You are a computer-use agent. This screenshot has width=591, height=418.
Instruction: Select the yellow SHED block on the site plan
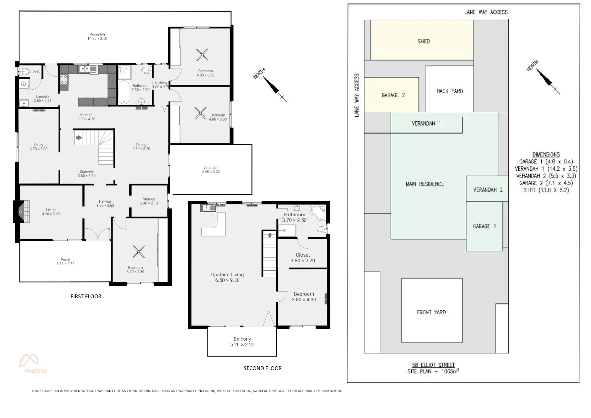click(x=422, y=40)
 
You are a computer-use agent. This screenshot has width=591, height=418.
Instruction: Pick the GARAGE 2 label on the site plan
click(x=393, y=95)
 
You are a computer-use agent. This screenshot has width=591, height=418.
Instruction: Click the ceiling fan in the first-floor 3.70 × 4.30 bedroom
click(x=139, y=252)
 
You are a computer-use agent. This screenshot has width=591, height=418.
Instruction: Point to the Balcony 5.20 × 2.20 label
click(x=242, y=342)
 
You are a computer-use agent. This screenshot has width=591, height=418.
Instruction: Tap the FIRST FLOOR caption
click(x=86, y=296)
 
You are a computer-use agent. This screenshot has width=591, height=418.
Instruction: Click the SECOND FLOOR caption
click(x=262, y=368)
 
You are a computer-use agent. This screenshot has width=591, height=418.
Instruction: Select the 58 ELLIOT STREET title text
click(x=433, y=365)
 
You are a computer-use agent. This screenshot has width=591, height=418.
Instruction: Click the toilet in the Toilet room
click(x=25, y=71)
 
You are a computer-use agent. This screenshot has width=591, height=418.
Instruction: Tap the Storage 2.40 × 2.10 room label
click(x=149, y=201)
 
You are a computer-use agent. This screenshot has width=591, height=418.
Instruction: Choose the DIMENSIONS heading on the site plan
click(x=546, y=154)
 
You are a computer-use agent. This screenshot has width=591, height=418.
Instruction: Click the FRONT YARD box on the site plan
click(x=432, y=310)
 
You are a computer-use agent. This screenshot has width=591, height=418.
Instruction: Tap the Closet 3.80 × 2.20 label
click(x=303, y=258)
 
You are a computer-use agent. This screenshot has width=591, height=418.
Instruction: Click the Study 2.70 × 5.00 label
click(x=38, y=147)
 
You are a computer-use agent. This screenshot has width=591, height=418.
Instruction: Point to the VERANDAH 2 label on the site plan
click(x=488, y=190)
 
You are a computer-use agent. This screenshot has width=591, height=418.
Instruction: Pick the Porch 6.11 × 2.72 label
click(x=65, y=262)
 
